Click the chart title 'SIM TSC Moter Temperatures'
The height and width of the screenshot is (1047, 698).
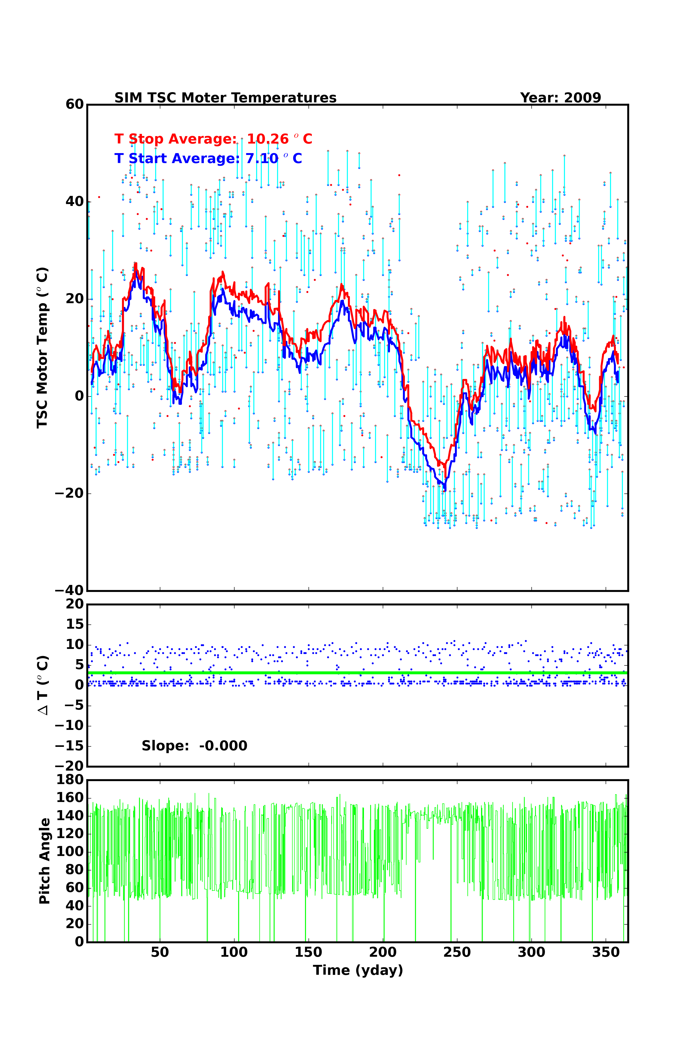point(225,98)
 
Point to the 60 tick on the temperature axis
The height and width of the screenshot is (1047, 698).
point(74,105)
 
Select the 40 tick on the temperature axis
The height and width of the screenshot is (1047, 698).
point(74,202)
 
